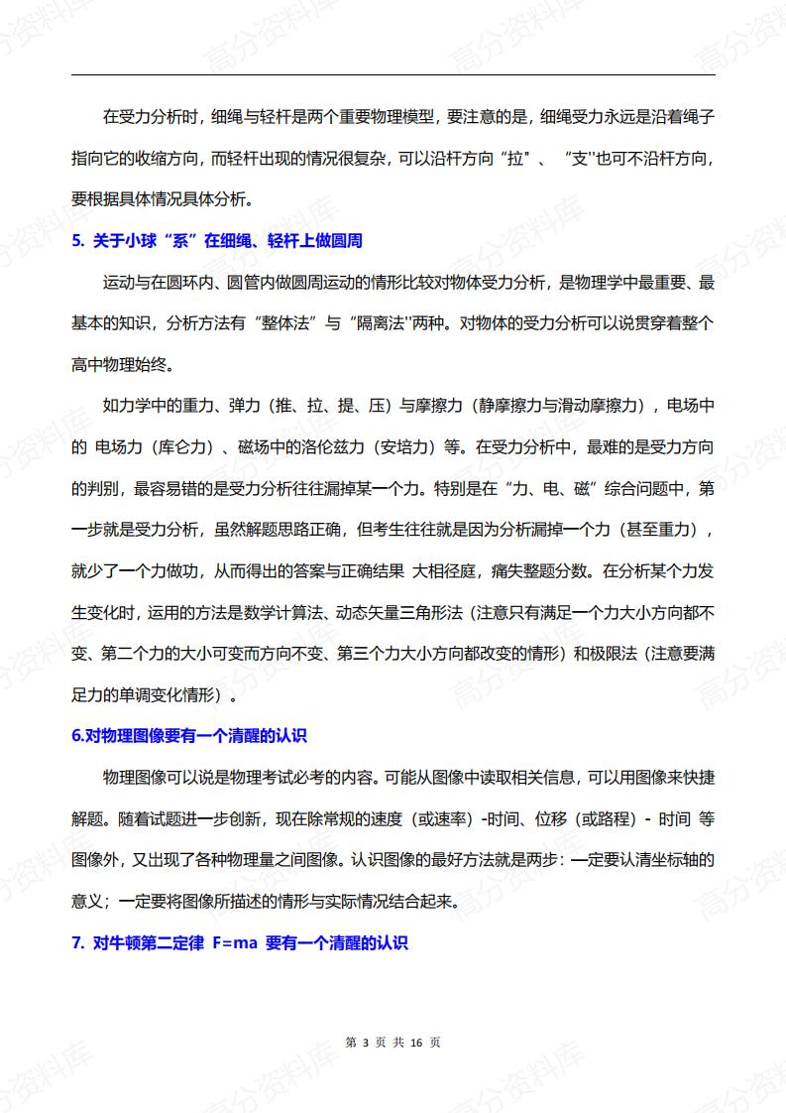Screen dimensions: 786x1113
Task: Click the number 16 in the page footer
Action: click(x=416, y=1043)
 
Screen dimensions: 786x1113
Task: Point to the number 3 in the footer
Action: click(x=366, y=1043)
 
